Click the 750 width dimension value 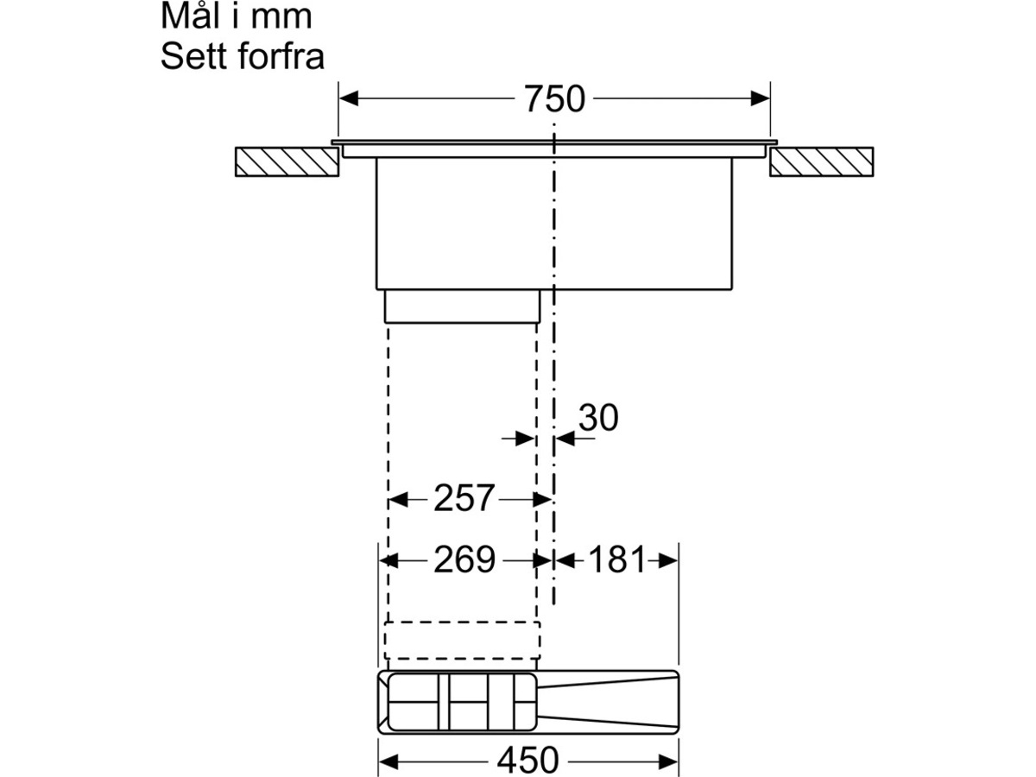[554, 99]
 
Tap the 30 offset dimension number [598, 418]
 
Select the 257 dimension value [464, 498]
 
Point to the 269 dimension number [464, 559]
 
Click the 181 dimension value [616, 559]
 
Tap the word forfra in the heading [281, 57]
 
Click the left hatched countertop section [287, 161]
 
